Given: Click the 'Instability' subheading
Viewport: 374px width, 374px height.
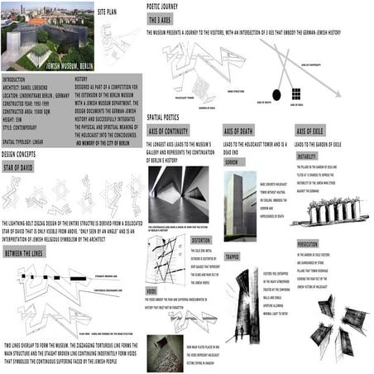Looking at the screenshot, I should click(x=307, y=156).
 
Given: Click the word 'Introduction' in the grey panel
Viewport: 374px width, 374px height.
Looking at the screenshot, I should click(x=18, y=79).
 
